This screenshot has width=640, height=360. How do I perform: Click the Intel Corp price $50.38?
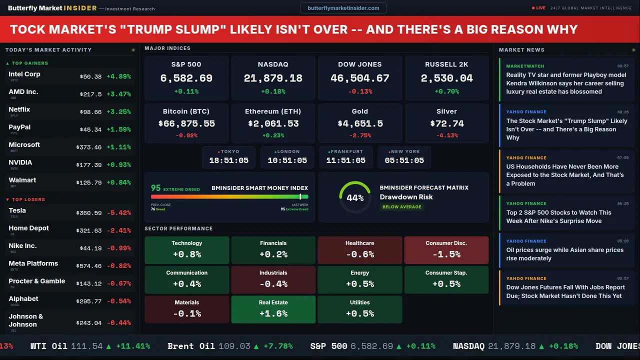pos(90,77)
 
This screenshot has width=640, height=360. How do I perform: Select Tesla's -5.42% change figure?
pos(119,213)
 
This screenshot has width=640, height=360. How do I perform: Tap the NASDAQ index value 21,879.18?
pos(273,78)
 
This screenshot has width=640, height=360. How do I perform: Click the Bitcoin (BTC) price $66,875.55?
pos(186,123)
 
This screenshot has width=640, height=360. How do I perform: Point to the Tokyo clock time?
pos(229,160)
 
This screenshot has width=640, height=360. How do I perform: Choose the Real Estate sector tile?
pos(273,309)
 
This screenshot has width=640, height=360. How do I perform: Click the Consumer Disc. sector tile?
pos(446,249)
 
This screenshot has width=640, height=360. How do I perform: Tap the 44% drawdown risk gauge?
pos(355,197)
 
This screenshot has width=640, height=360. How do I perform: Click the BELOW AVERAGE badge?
pos(401,207)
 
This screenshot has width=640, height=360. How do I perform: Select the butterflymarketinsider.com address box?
pos(343,8)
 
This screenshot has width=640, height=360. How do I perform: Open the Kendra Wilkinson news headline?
pos(566,83)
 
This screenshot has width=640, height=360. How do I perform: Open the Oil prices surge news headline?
pos(564,254)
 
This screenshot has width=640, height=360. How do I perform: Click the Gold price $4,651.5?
pos(360,123)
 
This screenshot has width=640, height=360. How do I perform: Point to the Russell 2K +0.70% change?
pos(446,91)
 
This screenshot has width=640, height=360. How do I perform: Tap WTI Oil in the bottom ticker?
pos(49,346)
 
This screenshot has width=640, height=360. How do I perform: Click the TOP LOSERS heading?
pos(28,199)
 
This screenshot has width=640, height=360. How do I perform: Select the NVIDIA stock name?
pos(20,162)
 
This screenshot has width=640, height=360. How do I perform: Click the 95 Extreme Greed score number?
pos(156,188)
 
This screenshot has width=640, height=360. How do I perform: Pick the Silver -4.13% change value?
pos(446,135)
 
